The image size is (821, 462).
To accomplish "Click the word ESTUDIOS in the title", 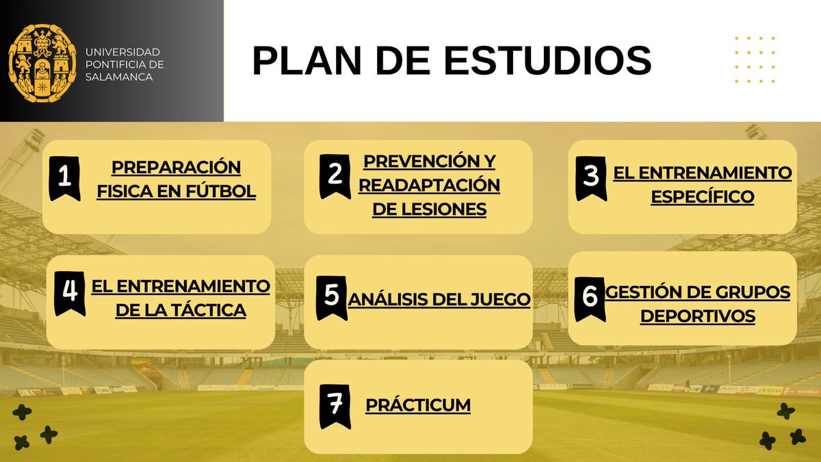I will tap(547, 61).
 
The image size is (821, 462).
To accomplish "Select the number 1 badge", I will tap(65, 178).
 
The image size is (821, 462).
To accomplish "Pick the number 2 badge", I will tap(335, 175).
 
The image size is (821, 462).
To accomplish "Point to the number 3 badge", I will tap(590, 178).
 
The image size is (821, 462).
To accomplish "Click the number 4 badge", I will tap(69, 292).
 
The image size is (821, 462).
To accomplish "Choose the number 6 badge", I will tap(589, 297).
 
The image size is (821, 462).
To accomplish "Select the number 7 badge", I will tap(335, 405).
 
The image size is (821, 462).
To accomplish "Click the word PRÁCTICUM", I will tap(418, 405).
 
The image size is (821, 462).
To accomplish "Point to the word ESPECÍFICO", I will tap(702, 197).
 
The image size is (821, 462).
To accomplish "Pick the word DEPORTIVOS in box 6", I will tap(697, 316).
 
